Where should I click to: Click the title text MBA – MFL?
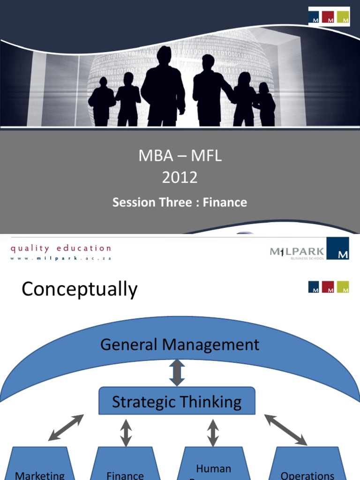click(180, 156)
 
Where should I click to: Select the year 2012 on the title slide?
click(180, 178)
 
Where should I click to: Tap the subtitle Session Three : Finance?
click(180, 202)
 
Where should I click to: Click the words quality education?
click(61, 248)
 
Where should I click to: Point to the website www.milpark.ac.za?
click(61, 258)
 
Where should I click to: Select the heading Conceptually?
click(80, 289)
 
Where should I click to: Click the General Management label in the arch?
click(180, 345)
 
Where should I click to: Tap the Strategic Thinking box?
click(177, 401)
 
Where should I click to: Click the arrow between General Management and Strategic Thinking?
click(177, 373)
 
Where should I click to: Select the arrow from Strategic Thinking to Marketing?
click(66, 427)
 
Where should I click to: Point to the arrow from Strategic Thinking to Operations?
click(285, 429)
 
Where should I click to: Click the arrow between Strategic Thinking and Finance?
click(126, 432)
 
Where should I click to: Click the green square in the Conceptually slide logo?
click(343, 287)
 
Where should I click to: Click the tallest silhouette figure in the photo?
click(163, 87)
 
